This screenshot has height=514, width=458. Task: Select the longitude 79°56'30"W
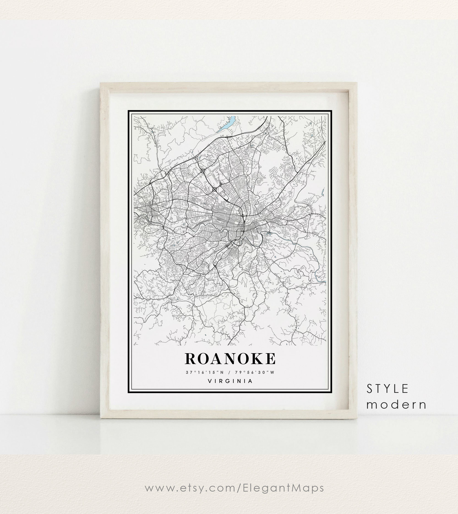click(255, 372)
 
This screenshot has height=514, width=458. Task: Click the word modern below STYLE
click(396, 405)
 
